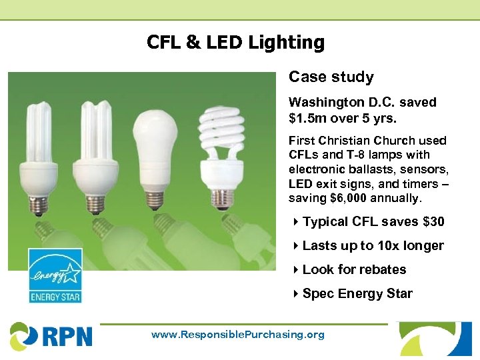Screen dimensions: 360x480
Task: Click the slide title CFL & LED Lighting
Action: tap(235, 43)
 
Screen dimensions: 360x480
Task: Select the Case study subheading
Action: tap(331, 77)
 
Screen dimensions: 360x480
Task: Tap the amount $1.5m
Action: tap(307, 119)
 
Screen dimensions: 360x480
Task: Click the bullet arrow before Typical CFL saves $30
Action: tap(295, 222)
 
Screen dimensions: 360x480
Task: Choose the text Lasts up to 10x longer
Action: tap(373, 246)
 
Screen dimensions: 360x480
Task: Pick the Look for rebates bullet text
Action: tap(354, 270)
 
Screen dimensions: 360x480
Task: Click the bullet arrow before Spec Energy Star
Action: tap(295, 294)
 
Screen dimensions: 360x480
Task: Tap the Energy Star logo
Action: tap(55, 275)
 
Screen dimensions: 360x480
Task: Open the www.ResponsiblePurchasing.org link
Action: tap(238, 335)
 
